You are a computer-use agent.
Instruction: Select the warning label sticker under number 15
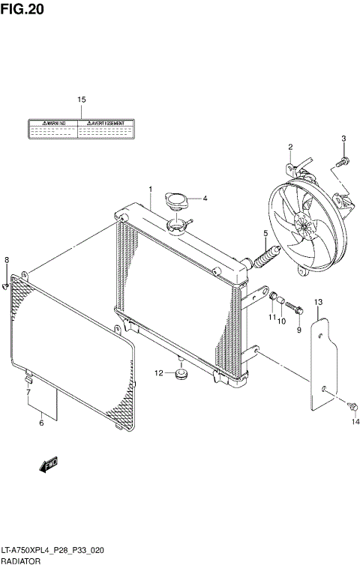click(x=82, y=129)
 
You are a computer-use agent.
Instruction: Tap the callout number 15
click(x=82, y=100)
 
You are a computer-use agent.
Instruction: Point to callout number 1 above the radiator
click(x=149, y=189)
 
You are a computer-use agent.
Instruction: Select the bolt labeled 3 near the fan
click(x=341, y=160)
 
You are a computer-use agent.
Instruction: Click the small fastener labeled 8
click(x=6, y=285)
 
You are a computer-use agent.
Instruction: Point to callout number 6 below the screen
click(x=41, y=423)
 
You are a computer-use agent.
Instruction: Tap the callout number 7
click(x=28, y=392)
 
